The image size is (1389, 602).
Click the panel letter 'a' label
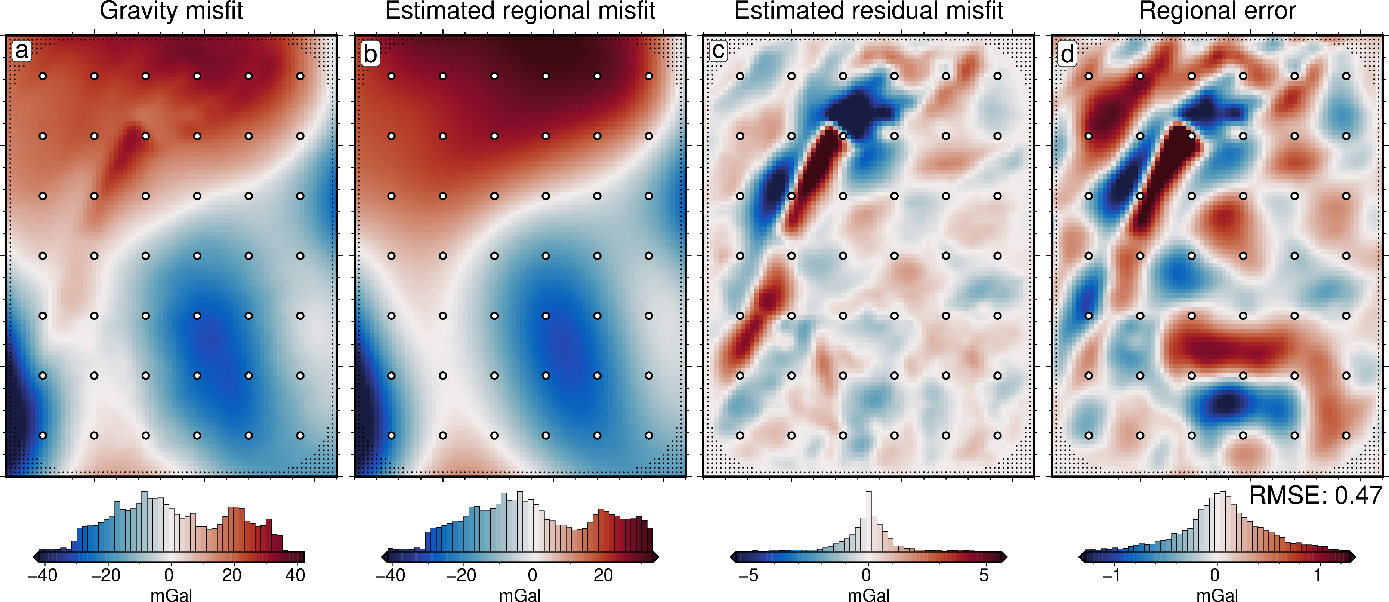point(22,51)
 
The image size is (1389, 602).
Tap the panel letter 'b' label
point(370,53)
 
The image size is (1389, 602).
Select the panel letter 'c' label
point(719,51)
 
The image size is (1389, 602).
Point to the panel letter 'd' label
point(1068,53)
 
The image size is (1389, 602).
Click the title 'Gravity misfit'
point(172,11)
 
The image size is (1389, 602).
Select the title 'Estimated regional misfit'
point(520,11)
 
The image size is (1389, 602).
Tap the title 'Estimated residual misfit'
point(869,11)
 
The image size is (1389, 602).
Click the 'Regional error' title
point(1217,11)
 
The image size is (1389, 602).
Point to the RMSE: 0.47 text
point(1316,495)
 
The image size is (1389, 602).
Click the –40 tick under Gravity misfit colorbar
point(43,575)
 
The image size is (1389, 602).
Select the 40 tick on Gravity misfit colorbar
point(295,575)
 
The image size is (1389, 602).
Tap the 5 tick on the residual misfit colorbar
point(984,575)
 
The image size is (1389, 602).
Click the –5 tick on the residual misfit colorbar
point(748,575)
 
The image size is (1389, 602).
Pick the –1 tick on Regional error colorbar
point(1111,575)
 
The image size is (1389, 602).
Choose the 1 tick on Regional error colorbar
point(1317,575)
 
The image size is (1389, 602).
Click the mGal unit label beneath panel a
point(172,595)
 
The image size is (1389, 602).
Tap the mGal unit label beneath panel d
point(1217,595)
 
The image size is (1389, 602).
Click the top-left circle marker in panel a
point(43,76)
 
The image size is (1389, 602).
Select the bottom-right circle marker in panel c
point(997,435)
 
